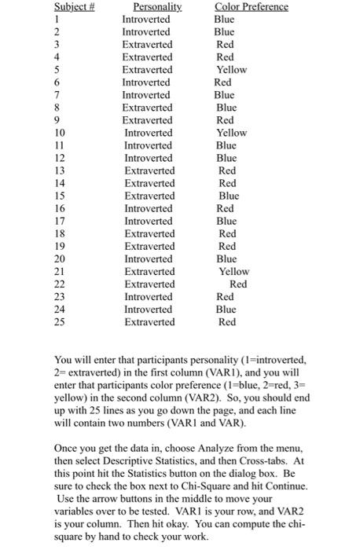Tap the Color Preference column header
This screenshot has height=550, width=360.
pyautogui.click(x=252, y=7)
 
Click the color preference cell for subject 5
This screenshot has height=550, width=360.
pyautogui.click(x=231, y=70)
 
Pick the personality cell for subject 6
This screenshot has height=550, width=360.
pyautogui.click(x=146, y=82)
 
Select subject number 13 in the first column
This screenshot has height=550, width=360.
pyautogui.click(x=15, y=170)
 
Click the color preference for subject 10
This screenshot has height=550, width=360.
pyautogui.click(x=231, y=133)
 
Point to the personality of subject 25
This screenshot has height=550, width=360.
pyautogui.click(x=149, y=322)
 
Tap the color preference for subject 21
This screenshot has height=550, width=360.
pyautogui.click(x=233, y=271)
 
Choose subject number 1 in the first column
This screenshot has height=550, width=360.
pyautogui.click(x=12, y=20)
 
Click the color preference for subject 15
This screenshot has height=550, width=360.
pyautogui.click(x=229, y=196)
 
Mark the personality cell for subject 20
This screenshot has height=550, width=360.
pyautogui.click(x=148, y=258)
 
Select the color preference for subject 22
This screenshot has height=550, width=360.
pyautogui.click(x=238, y=284)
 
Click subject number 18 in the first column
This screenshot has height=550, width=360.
pyautogui.click(x=15, y=233)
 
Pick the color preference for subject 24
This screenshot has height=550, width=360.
pyautogui.click(x=226, y=310)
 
